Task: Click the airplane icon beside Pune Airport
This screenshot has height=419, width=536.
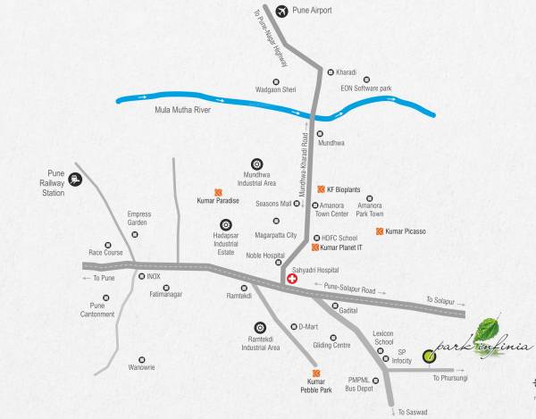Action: [x=284, y=11]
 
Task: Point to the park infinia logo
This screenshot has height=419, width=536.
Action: [x=482, y=340]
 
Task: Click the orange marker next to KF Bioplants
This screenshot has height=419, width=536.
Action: [x=320, y=189]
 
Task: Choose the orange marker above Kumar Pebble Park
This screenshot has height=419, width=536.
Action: [x=314, y=373]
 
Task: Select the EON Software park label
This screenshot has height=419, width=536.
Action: [x=365, y=88]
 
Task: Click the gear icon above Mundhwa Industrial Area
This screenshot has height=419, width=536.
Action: [x=257, y=163]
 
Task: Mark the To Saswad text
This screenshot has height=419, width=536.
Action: [x=413, y=412]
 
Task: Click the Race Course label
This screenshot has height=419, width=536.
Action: [x=106, y=252]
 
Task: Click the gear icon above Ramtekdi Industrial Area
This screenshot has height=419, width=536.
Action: [x=260, y=327]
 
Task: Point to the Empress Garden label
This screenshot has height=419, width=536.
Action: [x=139, y=218]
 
